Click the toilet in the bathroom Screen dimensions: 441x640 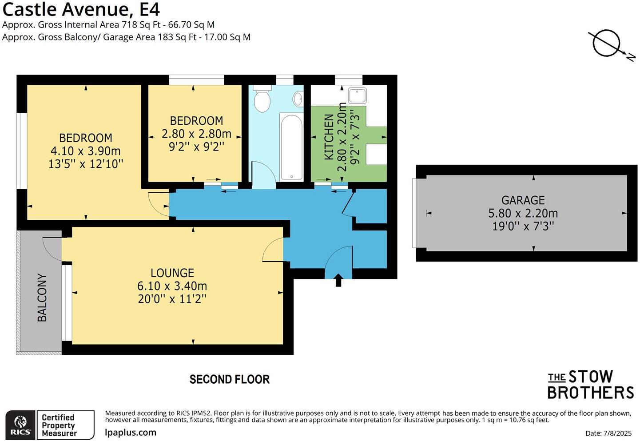262,100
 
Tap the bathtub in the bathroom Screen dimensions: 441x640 291,147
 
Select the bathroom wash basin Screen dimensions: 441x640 298,99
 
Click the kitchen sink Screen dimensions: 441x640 357,95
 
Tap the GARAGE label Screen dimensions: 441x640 523,200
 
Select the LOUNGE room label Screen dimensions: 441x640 172,273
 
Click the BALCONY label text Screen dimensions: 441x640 42,298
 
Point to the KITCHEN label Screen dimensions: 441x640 329,137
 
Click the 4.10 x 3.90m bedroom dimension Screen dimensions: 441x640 85,151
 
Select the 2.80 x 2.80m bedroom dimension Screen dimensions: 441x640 196,134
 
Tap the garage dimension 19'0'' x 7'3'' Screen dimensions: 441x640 523,226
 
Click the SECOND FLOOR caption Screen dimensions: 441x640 229,379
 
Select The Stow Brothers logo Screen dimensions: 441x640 590,385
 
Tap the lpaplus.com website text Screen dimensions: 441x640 131,432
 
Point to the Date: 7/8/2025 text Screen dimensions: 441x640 608,433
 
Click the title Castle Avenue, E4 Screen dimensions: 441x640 81,9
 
